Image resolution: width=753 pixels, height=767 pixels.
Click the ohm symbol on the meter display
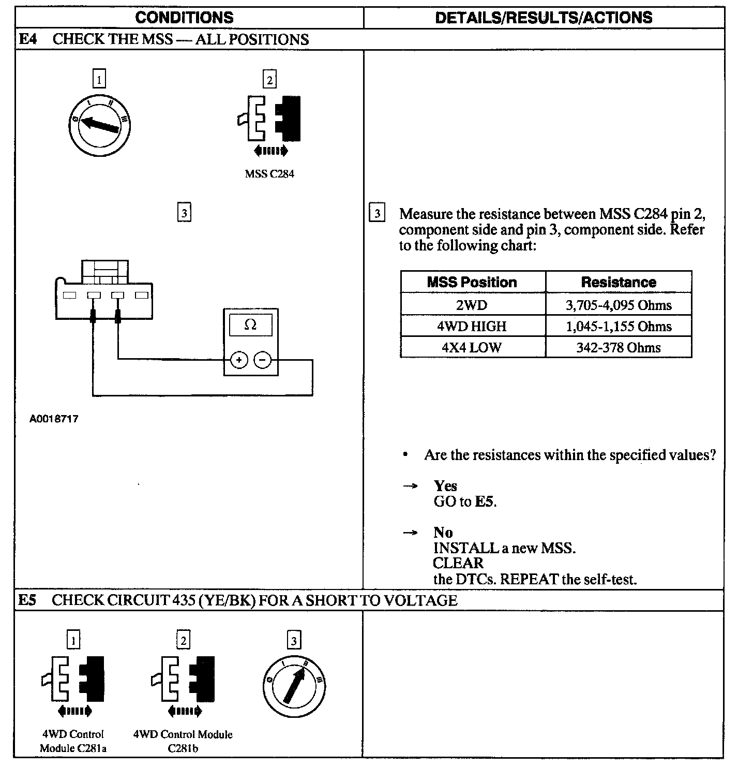[250, 325]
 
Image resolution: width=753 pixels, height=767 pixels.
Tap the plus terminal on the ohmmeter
[239, 360]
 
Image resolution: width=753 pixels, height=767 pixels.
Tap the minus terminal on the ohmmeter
[263, 360]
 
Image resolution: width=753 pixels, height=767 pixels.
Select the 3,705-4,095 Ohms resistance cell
[619, 305]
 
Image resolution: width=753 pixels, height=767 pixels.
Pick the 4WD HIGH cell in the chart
[472, 327]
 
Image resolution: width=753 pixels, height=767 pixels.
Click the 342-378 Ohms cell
[619, 348]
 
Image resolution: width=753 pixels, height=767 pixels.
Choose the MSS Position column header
[472, 283]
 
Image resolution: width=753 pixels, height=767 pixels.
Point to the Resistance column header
[619, 283]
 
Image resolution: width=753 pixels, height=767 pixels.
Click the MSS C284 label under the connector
[269, 174]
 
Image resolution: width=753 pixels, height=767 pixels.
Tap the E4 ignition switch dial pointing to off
[99, 125]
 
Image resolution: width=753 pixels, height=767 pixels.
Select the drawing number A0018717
[54, 419]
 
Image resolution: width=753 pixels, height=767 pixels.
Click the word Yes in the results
[445, 486]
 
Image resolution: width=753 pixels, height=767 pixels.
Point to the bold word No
[443, 533]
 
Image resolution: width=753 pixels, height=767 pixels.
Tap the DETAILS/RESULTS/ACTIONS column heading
[544, 18]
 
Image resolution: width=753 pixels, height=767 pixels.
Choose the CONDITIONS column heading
[184, 18]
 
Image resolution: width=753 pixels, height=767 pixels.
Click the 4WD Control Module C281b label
[183, 741]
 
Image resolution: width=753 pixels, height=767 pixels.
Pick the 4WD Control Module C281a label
[73, 741]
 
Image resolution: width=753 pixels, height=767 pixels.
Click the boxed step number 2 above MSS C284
[269, 80]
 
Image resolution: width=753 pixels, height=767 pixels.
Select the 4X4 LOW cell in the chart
[472, 348]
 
